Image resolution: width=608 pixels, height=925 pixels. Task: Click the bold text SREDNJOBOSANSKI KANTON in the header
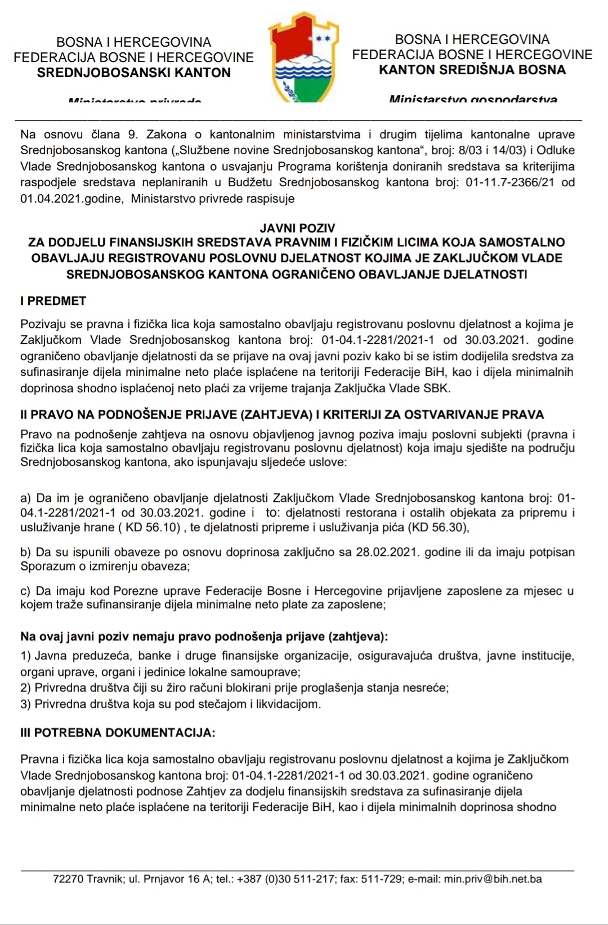click(x=133, y=73)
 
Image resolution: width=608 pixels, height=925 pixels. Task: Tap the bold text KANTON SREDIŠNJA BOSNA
click(x=472, y=70)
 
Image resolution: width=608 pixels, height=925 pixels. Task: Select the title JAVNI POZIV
click(x=297, y=228)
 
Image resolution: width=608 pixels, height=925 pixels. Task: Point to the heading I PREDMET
click(x=53, y=301)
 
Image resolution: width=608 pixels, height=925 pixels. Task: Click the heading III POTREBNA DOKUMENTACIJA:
click(x=118, y=733)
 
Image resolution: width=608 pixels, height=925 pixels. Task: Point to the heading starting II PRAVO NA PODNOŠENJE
click(x=282, y=415)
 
